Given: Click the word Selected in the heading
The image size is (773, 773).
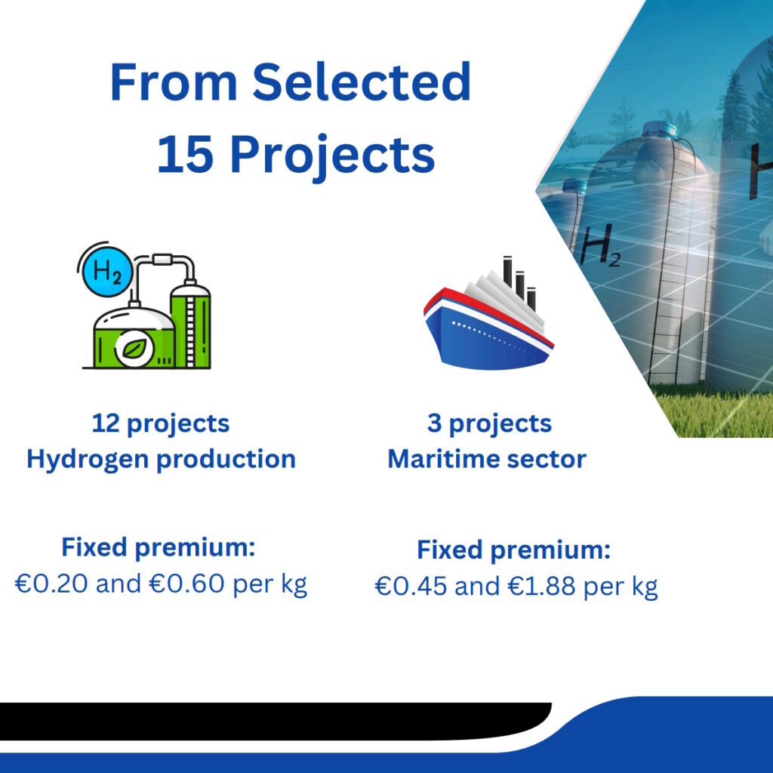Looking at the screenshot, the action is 362,82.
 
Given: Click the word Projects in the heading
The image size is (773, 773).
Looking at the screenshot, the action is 333,157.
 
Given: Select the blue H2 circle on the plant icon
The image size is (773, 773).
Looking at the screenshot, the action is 107,271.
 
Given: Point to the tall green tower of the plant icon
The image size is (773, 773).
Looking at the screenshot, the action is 190,325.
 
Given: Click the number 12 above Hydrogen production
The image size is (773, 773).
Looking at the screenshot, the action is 106,423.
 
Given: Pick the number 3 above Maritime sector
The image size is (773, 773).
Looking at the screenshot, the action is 434,423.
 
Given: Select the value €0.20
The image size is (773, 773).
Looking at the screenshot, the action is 51,584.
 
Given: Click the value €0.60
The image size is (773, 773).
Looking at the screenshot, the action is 186,584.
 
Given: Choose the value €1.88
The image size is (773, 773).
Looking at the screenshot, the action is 541,587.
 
